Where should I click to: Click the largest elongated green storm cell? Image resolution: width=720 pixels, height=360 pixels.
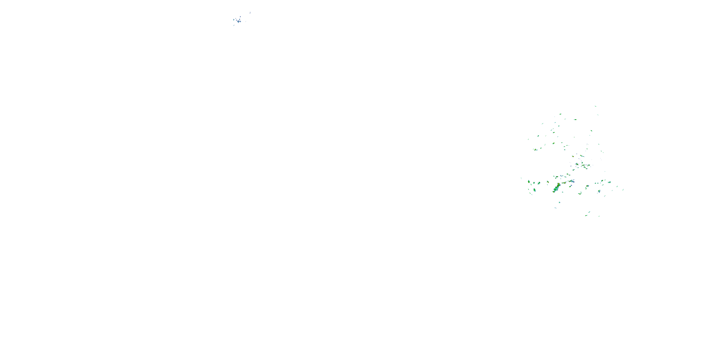556,188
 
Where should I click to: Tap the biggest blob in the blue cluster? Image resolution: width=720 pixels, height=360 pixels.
238,21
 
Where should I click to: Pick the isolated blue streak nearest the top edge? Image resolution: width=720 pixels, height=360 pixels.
250,12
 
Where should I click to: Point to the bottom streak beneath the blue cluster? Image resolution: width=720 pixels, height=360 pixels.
234,25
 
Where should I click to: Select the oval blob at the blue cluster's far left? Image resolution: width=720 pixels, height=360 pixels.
234,20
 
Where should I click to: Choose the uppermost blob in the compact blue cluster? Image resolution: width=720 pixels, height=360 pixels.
240,17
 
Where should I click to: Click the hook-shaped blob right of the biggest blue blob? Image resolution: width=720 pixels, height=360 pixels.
240,21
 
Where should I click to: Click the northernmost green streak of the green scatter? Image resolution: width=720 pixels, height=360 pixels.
595,106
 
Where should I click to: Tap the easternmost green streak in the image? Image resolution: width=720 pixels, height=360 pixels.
623,190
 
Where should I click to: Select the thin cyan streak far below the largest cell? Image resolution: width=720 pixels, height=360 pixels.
555,208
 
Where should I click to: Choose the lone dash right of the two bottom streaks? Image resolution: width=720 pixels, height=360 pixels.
599,216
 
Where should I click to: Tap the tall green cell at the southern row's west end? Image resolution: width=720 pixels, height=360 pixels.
528,182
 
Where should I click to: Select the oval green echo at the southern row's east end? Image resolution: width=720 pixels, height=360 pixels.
610,182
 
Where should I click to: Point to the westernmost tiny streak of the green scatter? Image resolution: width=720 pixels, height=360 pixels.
521,178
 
